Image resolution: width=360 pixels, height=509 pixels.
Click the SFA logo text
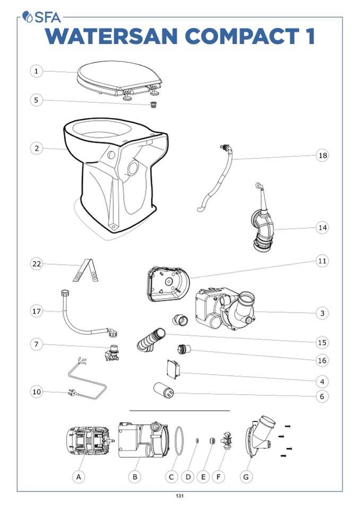(x=47, y=17)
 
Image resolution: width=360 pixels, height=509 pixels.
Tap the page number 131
(x=179, y=496)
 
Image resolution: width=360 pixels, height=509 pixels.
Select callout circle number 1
(x=36, y=71)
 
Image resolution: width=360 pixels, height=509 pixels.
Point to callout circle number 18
(x=322, y=156)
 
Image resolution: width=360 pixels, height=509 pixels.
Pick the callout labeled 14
(x=322, y=228)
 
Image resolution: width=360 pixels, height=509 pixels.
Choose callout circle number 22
(x=36, y=264)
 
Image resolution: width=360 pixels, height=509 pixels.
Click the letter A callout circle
(x=79, y=477)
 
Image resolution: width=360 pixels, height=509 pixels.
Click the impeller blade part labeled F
(x=227, y=441)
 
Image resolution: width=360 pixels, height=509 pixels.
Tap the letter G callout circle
(x=246, y=477)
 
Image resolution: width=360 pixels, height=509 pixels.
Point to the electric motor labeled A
(x=89, y=441)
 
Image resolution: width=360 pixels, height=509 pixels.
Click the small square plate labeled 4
(x=173, y=369)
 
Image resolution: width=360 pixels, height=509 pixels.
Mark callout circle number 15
(x=322, y=342)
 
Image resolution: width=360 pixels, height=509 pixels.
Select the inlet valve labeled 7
(x=112, y=353)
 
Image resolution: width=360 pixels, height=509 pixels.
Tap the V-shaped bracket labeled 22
(x=85, y=270)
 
